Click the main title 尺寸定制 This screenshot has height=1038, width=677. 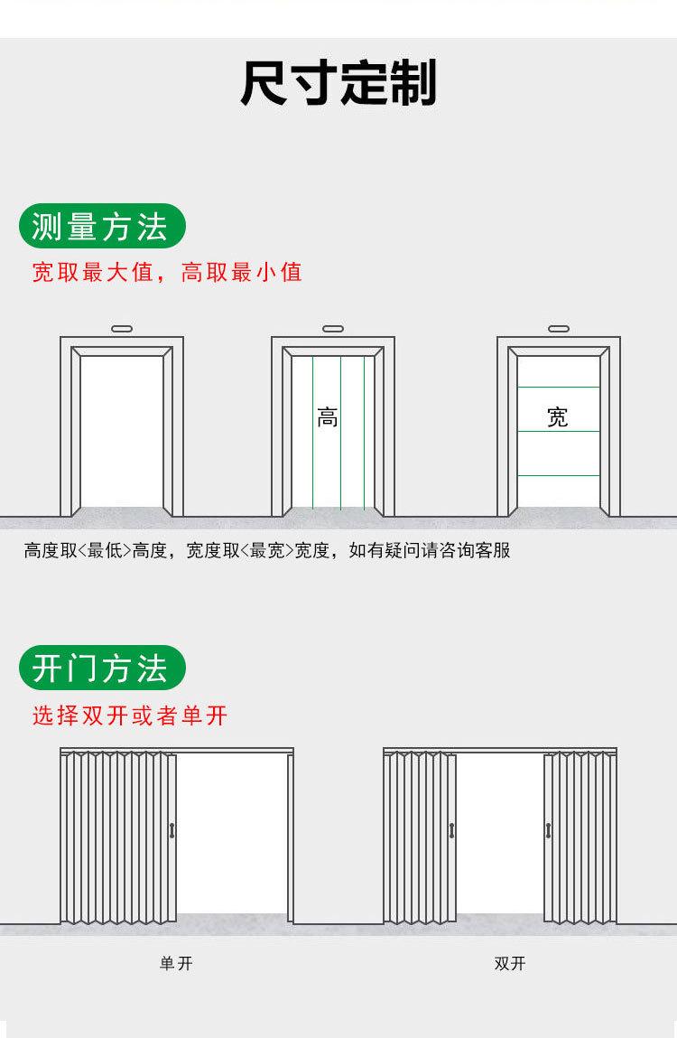(338, 83)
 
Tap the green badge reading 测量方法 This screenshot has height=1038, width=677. (102, 227)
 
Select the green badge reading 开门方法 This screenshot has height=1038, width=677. (102, 668)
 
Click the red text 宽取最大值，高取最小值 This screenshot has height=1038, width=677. (167, 272)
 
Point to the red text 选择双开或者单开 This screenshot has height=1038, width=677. (130, 715)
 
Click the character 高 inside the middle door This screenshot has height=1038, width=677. (328, 417)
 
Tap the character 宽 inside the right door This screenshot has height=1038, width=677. (557, 417)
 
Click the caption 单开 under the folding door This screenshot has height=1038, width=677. (176, 963)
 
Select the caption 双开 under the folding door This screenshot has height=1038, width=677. (510, 963)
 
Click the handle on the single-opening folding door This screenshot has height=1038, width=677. (172, 830)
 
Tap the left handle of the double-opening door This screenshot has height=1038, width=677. (451, 830)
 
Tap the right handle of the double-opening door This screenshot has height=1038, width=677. (548, 830)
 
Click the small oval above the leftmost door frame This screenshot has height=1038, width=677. (122, 328)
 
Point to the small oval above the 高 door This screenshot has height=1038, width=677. (332, 328)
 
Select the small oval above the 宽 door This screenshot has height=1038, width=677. (559, 328)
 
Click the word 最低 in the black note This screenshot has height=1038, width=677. (105, 550)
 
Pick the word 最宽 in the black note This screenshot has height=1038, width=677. (266, 550)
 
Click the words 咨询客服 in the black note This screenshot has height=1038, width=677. (475, 550)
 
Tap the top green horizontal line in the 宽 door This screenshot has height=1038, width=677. (559, 388)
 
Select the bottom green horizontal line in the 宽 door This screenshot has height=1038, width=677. (559, 475)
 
